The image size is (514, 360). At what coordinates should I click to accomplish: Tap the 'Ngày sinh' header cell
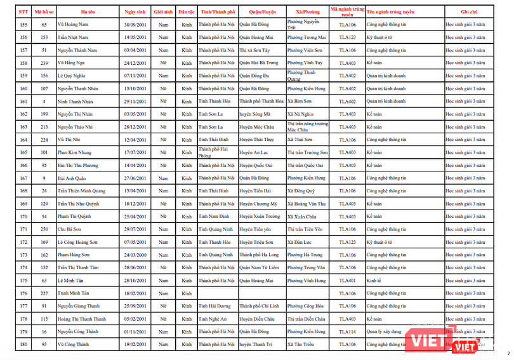135,12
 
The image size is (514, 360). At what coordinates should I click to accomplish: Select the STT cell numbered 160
23,89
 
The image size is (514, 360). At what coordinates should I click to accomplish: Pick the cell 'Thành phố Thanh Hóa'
261,102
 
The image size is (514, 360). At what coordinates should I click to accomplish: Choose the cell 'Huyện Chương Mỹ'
258,204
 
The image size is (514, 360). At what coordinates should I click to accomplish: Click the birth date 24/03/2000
135,255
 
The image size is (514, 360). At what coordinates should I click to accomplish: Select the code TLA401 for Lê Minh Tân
347,280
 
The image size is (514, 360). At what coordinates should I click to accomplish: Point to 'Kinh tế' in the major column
374,280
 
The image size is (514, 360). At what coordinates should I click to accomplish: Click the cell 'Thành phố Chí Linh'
260,306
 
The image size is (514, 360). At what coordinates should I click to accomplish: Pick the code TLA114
347,331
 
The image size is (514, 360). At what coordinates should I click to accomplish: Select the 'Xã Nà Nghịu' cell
300,114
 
